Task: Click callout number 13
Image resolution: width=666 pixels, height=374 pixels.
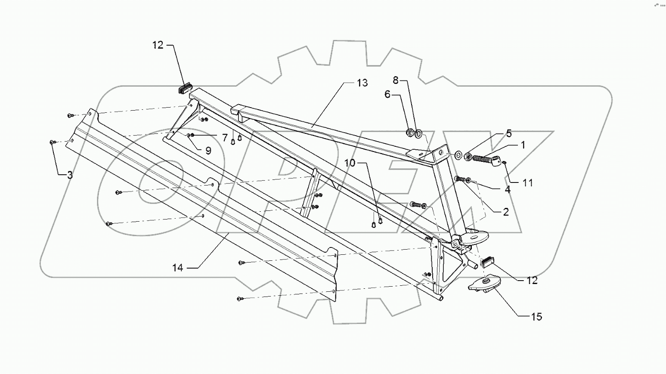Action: coord(362,83)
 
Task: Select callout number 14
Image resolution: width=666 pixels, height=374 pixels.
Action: coord(178,268)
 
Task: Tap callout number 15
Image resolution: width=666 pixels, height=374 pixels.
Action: coord(536,317)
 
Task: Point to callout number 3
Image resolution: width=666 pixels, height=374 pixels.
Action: coord(70,175)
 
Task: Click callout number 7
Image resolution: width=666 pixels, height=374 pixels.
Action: coord(224,137)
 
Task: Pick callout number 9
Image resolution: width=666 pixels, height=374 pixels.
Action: coord(208,150)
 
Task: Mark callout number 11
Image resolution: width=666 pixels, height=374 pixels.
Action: coord(528,182)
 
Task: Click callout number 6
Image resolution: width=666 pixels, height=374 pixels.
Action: coord(387,94)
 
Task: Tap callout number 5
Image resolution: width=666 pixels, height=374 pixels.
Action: coord(509,133)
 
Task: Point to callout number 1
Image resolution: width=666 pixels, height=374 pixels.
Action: coord(523,145)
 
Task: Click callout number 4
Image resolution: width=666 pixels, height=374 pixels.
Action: coord(508,189)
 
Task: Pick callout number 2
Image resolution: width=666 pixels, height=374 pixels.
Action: coord(505,212)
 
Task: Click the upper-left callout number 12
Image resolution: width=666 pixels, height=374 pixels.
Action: coord(158,45)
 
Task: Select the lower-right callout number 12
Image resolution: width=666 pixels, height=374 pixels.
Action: coord(532,281)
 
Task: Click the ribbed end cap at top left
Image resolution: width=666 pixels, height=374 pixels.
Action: coord(184,89)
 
